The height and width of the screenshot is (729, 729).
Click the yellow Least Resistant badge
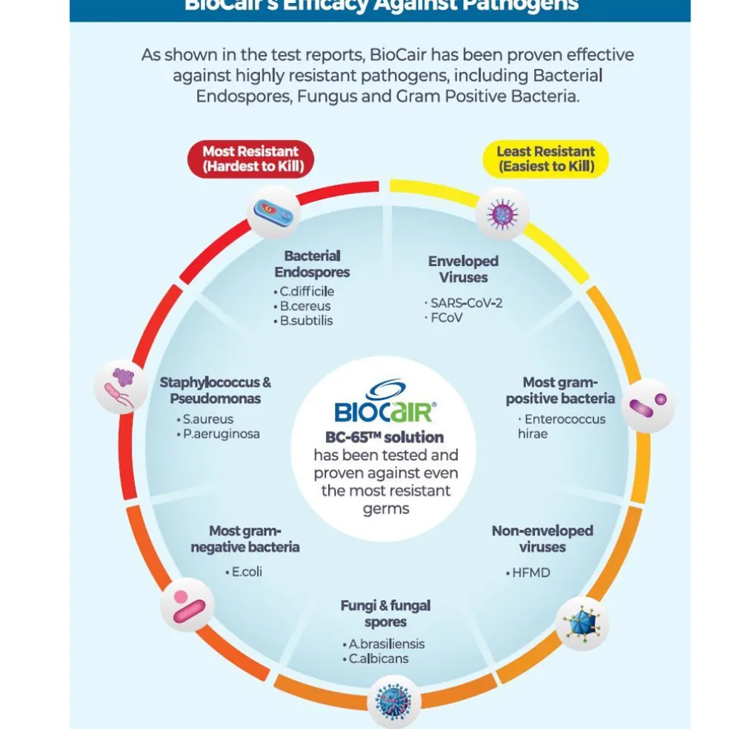[546, 159]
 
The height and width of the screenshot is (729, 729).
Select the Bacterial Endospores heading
[312, 264]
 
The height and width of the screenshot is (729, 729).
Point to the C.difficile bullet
[306, 291]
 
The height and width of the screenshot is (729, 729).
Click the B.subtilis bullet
[305, 321]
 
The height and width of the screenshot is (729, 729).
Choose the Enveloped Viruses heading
[463, 269]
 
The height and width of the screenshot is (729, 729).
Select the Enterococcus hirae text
[561, 426]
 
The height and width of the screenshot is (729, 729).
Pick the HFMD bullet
[530, 573]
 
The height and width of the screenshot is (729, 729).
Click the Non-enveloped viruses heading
[542, 539]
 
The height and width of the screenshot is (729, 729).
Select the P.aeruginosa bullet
[221, 434]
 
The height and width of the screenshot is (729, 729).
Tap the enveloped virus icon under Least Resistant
[502, 213]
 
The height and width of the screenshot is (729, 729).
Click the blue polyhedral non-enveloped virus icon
[582, 624]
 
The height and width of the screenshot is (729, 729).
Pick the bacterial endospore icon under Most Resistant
[273, 213]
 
